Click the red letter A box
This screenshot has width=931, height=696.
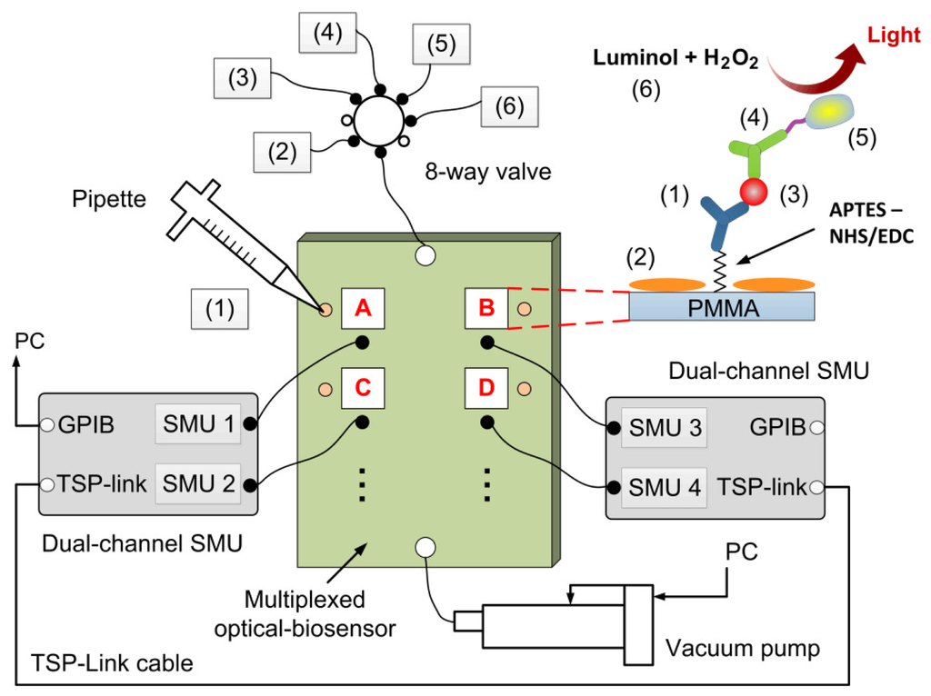click(363, 308)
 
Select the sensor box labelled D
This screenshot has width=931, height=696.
click(486, 388)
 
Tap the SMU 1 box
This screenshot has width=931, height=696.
click(197, 423)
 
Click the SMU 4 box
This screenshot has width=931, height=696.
click(664, 487)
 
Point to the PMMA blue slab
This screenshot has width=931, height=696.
click(721, 306)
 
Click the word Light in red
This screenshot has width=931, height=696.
click(894, 35)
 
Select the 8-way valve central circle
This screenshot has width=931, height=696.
click(379, 121)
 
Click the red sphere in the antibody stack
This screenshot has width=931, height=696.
click(754, 192)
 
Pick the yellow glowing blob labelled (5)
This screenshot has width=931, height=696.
click(829, 112)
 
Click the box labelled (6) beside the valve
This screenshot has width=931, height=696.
click(509, 107)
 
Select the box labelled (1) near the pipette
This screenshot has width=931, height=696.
click(220, 309)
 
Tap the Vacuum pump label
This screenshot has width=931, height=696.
click(742, 648)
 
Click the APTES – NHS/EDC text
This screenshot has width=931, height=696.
click(871, 224)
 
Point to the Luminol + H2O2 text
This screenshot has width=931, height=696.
click(676, 58)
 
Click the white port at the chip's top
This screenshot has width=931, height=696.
click(425, 255)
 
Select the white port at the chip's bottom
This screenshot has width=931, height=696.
click(425, 547)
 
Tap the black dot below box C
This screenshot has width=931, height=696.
click(362, 422)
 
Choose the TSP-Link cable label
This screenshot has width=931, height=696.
click(112, 662)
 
